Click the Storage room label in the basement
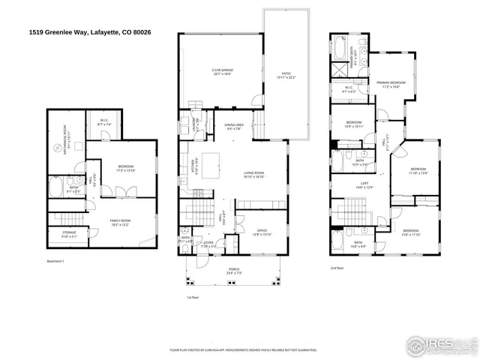tap(68, 234)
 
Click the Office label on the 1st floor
tap(262, 232)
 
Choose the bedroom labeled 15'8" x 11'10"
tap(411, 232)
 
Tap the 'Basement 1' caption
tap(57, 261)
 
